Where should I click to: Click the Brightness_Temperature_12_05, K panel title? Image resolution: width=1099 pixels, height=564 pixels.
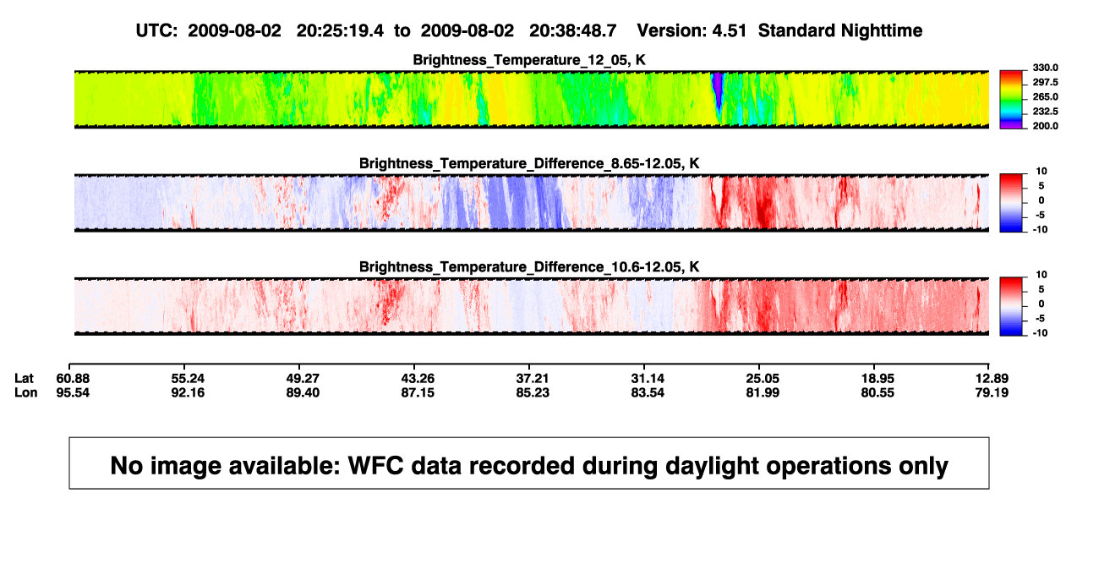tap(529, 60)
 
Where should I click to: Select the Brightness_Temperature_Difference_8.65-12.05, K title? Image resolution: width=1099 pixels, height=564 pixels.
tap(529, 163)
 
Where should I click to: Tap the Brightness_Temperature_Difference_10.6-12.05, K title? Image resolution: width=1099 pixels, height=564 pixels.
tap(529, 267)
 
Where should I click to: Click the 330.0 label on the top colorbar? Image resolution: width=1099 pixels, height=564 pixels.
tap(1045, 68)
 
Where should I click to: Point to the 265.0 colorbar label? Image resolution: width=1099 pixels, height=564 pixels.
tap(1045, 96)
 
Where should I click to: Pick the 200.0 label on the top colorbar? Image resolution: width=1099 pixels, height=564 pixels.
tap(1045, 126)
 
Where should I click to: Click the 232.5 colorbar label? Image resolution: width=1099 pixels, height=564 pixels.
tap(1045, 112)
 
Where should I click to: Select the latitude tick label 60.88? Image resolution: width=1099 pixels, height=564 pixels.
tap(73, 379)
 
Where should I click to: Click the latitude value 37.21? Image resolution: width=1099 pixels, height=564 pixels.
tap(533, 379)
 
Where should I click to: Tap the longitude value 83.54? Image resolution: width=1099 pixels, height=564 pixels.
tap(648, 392)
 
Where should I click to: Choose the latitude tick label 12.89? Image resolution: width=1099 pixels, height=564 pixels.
tap(992, 379)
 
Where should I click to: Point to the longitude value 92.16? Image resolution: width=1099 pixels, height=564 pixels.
tap(188, 392)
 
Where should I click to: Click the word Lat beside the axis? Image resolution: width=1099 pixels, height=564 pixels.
tap(24, 379)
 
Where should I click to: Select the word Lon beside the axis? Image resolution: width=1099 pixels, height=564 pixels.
tap(25, 392)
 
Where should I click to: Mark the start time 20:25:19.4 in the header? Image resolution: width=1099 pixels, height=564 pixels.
tap(340, 31)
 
